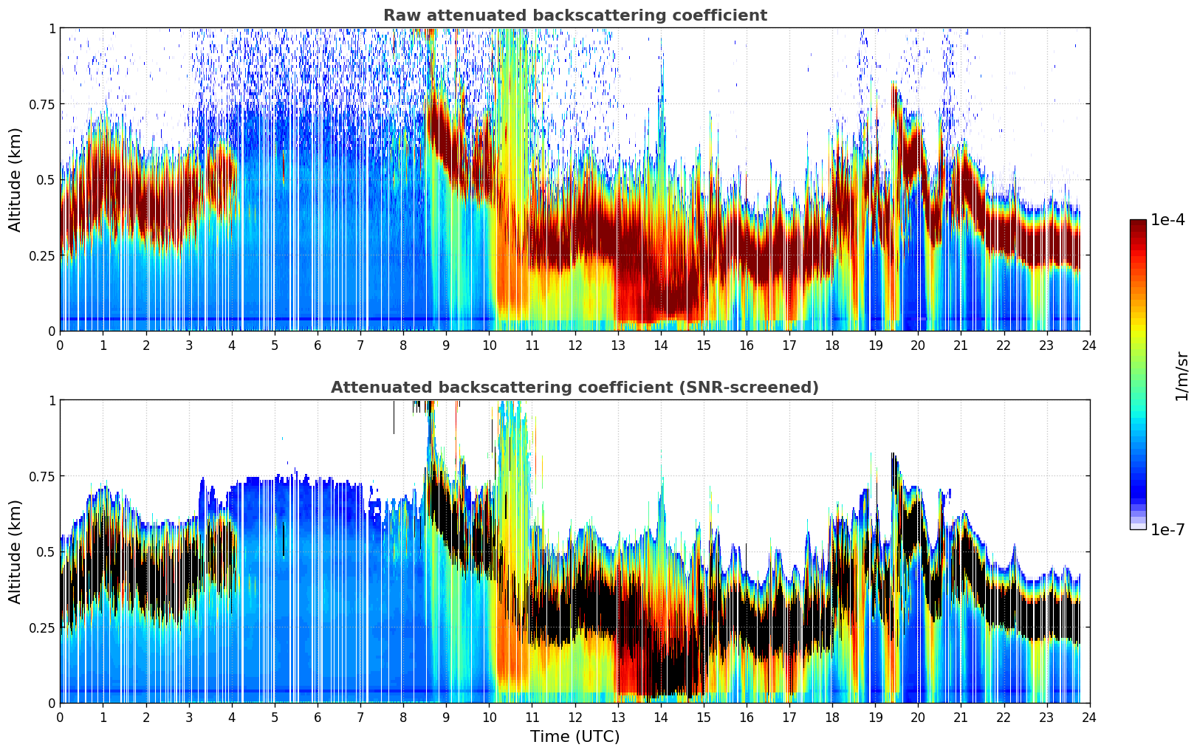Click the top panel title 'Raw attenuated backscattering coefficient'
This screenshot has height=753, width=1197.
pos(575,16)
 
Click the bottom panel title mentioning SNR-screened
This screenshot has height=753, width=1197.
pos(575,388)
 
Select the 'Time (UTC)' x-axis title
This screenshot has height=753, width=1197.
pos(575,737)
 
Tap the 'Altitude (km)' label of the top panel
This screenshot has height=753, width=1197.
pos(16,179)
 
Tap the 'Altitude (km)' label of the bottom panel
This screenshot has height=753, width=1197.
pos(16,551)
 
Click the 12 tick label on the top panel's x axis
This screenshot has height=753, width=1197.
pos(575,345)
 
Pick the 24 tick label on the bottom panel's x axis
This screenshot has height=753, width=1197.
pos(1089,718)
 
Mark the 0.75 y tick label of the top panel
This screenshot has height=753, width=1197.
pos(41,104)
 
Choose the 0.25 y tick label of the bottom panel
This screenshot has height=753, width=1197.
pos(41,627)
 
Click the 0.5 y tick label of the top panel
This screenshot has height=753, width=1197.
pos(46,180)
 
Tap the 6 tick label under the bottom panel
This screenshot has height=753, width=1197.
pos(318,718)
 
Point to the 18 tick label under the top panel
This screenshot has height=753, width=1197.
pos(832,345)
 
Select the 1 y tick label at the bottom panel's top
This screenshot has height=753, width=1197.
pos(52,401)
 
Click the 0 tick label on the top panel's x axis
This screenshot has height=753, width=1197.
pos(61,345)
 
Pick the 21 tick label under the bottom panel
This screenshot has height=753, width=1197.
pos(961,718)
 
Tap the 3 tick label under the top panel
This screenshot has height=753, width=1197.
pos(189,345)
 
